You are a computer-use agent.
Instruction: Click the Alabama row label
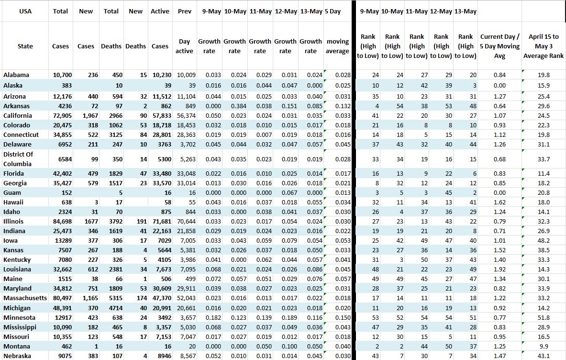[16, 75]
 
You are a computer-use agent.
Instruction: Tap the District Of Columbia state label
[18, 159]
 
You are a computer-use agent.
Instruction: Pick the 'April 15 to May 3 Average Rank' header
[543, 46]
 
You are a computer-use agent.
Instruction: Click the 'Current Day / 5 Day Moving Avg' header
[499, 46]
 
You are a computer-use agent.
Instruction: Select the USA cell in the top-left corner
[25, 11]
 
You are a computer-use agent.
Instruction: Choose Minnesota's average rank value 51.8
[543, 317]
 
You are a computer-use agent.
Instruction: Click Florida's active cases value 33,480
[160, 174]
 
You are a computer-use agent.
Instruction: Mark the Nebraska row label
[17, 356]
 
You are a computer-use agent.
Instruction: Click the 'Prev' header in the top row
[185, 11]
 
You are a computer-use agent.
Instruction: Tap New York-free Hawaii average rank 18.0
[543, 202]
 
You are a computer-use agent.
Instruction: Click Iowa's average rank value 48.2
[543, 241]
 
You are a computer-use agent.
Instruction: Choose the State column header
[25, 46]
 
